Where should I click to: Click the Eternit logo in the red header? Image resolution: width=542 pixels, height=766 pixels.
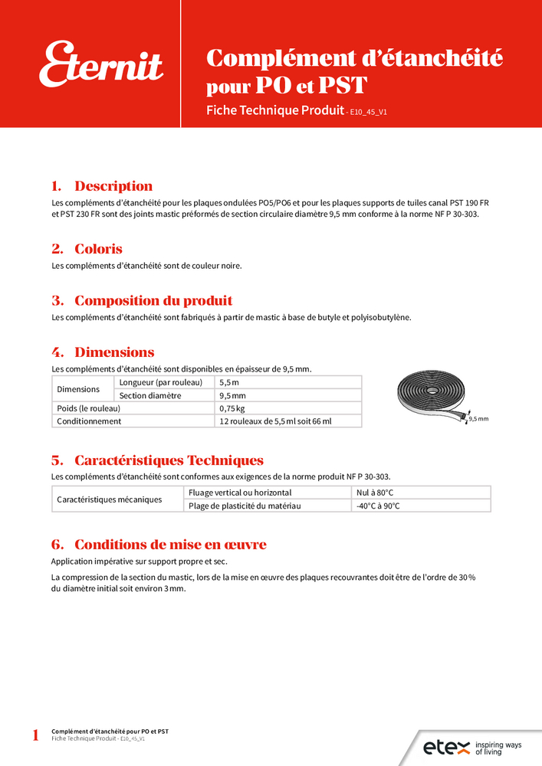click(x=102, y=64)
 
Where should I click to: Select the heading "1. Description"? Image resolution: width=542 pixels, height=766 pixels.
click(x=102, y=186)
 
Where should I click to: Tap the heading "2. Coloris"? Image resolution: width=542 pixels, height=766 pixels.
click(x=87, y=249)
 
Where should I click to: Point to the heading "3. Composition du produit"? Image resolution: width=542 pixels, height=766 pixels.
click(x=142, y=301)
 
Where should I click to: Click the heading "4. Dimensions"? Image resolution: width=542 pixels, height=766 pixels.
click(x=103, y=352)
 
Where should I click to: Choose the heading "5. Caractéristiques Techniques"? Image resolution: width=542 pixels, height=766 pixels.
click(x=157, y=460)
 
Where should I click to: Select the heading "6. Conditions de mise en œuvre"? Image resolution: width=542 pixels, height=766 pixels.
click(x=159, y=545)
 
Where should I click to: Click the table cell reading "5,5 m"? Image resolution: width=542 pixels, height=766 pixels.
click(x=229, y=382)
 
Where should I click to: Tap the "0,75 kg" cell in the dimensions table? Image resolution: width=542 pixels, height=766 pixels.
click(x=233, y=408)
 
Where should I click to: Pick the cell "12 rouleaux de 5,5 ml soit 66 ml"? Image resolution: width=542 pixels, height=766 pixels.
click(x=280, y=421)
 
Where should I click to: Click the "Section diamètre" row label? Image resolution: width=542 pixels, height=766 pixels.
click(x=149, y=395)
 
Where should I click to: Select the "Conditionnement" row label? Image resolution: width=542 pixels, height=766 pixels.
click(x=89, y=421)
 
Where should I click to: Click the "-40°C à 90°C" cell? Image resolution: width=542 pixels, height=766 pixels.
click(x=378, y=506)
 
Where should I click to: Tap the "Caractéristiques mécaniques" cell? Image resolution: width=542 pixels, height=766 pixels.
click(x=110, y=499)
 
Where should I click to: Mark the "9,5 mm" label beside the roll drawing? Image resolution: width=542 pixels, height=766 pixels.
click(x=478, y=419)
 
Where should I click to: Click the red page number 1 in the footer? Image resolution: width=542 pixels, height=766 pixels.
click(x=35, y=736)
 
